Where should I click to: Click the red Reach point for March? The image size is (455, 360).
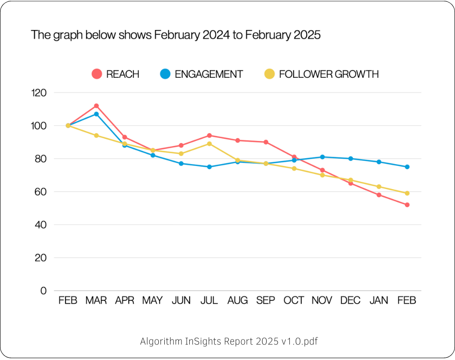(96, 106)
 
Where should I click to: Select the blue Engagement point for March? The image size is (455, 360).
(96, 114)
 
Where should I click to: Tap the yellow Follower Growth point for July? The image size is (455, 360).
(209, 144)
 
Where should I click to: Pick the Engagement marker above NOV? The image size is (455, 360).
(323, 157)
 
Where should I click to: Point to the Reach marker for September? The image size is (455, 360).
(266, 142)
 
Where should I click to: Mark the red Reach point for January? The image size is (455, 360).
(379, 195)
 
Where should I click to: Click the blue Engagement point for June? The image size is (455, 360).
(181, 163)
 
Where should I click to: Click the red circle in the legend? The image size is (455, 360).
(96, 74)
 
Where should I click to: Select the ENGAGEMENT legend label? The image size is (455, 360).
(209, 74)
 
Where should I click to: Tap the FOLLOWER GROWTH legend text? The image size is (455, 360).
(329, 74)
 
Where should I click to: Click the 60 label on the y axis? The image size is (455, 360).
(40, 192)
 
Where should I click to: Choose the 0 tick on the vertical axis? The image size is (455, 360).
(44, 291)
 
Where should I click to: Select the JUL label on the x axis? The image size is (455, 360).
(209, 301)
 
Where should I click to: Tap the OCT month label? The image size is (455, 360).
(294, 301)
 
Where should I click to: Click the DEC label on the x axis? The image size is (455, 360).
(351, 301)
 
